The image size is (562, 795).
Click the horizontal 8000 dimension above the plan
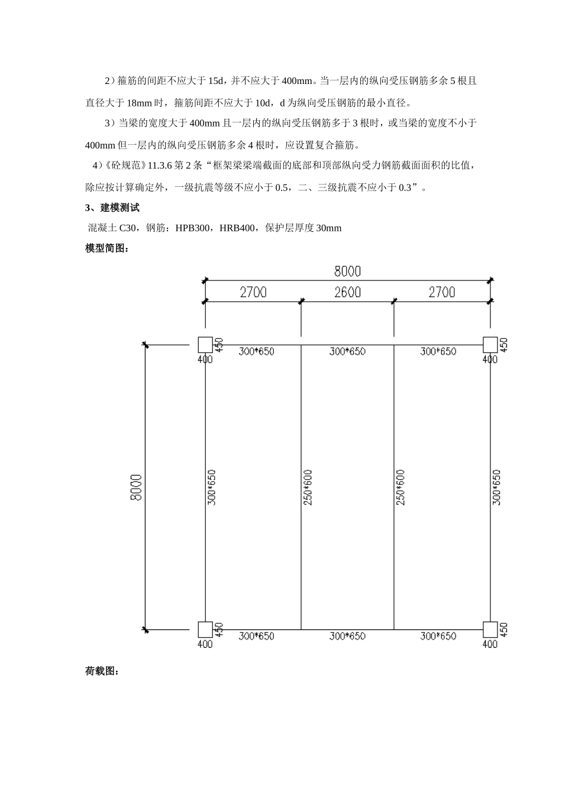[347, 272]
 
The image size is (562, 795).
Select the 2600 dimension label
[347, 292]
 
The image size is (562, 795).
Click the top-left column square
[205, 344]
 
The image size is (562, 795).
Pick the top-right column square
[490, 344]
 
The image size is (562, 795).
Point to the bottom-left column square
[205, 629]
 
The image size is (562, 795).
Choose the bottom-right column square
[490, 629]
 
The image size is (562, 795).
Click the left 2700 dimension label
[253, 292]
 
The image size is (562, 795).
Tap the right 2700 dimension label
[442, 292]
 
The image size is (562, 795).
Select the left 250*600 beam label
[308, 487]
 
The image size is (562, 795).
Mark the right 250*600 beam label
[400, 487]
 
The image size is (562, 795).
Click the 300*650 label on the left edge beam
[212, 487]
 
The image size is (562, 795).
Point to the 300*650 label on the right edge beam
[497, 487]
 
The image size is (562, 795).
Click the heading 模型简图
[106, 248]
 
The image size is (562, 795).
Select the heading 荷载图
[102, 671]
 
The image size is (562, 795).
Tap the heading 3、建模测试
[112, 208]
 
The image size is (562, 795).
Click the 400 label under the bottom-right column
[490, 644]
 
